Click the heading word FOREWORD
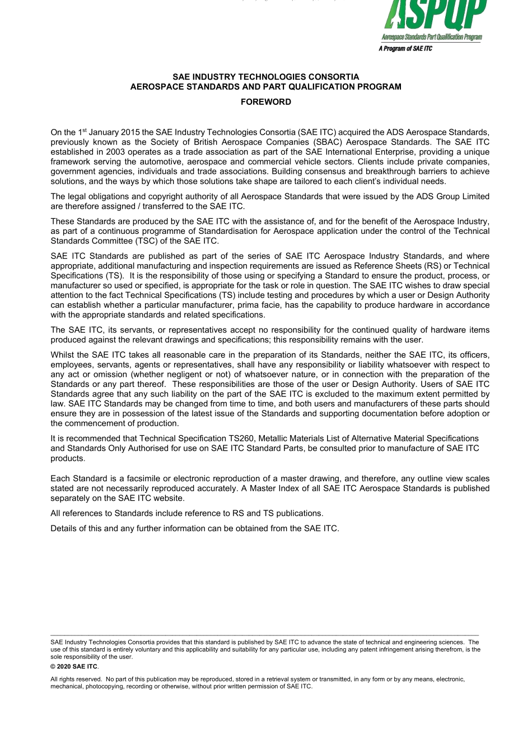pyautogui.click(x=265, y=102)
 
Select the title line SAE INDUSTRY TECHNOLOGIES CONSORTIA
pyautogui.click(x=265, y=77)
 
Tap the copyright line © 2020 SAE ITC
pyautogui.click(x=74, y=666)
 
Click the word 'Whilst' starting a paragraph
pyautogui.click(x=62, y=354)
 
